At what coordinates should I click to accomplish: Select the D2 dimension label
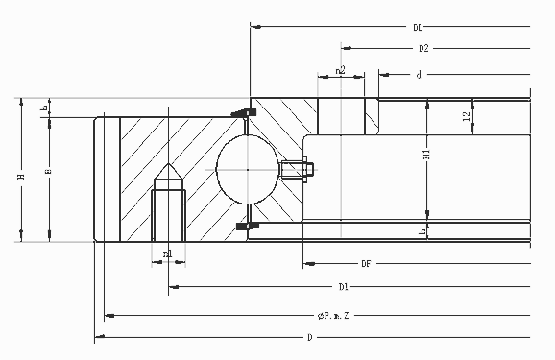click(x=422, y=48)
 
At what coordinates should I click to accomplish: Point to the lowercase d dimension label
click(x=420, y=74)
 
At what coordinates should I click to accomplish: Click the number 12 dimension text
click(x=467, y=116)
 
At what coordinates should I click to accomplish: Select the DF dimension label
click(x=367, y=262)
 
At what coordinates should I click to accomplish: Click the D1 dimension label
click(x=343, y=286)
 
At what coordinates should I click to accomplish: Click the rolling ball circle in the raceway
click(x=247, y=170)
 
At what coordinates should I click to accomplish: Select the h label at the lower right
click(x=423, y=231)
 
